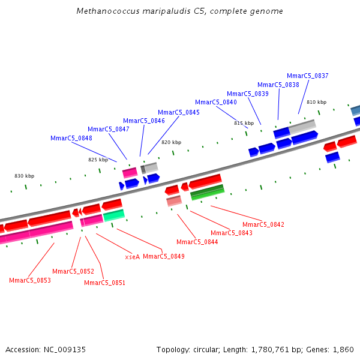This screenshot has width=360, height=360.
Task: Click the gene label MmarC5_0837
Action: click(x=308, y=76)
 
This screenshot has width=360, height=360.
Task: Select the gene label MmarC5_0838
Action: click(x=278, y=85)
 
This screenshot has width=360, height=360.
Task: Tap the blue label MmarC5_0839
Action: click(x=248, y=94)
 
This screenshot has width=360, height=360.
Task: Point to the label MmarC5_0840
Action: click(x=216, y=103)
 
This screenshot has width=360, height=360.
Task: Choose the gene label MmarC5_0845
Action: click(x=179, y=112)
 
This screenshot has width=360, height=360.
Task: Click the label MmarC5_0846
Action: click(x=144, y=121)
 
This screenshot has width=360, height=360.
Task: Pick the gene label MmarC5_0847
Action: click(x=109, y=129)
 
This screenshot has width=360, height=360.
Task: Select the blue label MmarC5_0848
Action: click(x=71, y=138)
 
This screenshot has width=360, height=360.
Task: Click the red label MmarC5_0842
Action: click(x=263, y=224)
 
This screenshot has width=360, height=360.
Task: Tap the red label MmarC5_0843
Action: click(x=232, y=233)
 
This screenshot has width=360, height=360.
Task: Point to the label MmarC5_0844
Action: click(x=197, y=242)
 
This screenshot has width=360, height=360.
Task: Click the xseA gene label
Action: click(x=132, y=257)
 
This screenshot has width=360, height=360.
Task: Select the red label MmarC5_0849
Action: click(x=164, y=256)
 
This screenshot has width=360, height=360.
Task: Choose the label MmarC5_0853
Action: click(x=30, y=280)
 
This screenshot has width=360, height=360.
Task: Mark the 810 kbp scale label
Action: click(x=316, y=102)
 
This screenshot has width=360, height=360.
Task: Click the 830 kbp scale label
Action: click(x=24, y=176)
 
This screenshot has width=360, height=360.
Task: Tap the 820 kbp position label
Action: click(x=171, y=142)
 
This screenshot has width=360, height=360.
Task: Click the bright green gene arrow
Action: click(x=113, y=215)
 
